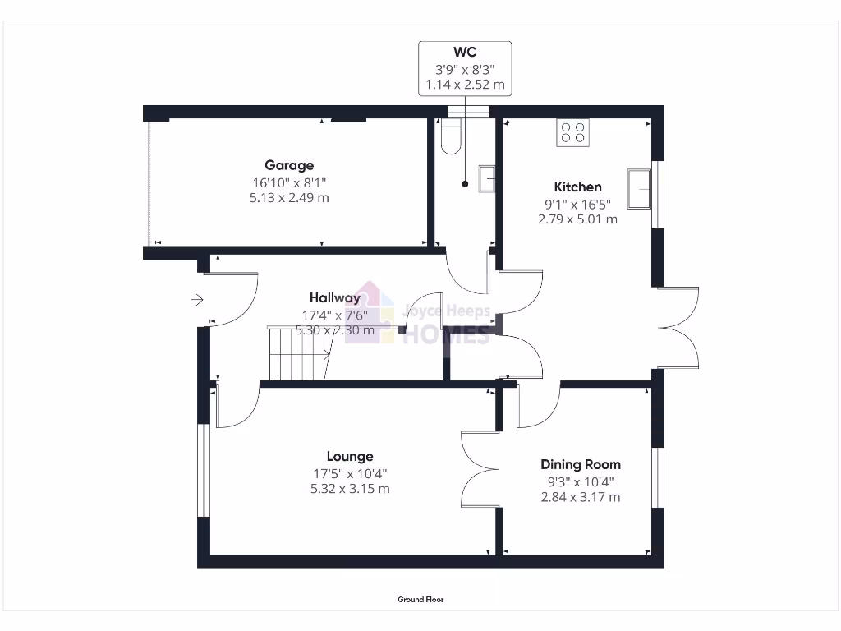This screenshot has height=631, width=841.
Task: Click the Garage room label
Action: coord(289,165)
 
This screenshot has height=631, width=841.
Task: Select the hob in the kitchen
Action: coord(572,132)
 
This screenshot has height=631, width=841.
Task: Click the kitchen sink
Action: coord(638,188)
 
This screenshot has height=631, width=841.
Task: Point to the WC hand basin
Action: coord(487,178)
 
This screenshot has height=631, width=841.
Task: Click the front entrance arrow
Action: coord(197,300)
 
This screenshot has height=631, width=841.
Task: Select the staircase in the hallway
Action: coord(300,354)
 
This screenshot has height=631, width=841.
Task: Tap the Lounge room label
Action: coord(350,457)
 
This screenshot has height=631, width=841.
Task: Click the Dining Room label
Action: coord(580,465)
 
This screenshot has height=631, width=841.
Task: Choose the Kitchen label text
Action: coord(577,187)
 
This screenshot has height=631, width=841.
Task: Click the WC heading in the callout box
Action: coord(465,53)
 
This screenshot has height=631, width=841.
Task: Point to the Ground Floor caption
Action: coord(420,600)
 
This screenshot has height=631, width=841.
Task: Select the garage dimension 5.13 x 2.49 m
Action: coord(289,198)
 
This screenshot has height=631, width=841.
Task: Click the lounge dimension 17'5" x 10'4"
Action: coord(350,473)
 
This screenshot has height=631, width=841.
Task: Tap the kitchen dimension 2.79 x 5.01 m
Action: coord(577,219)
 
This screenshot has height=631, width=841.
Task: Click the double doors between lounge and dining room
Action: coord(480,469)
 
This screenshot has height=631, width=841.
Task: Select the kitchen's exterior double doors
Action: coord(678,327)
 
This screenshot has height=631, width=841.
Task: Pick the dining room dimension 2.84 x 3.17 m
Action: coord(580,497)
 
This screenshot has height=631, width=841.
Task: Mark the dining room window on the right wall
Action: coord(658,477)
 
